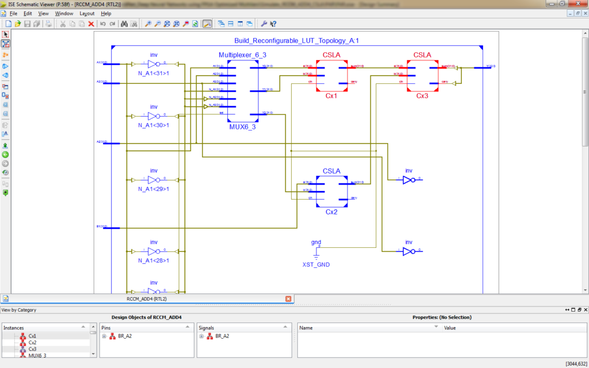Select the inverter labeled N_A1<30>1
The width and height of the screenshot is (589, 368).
tap(153, 116)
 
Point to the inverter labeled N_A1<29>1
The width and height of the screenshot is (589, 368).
tap(153, 179)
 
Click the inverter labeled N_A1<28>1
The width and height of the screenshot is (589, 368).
tap(153, 251)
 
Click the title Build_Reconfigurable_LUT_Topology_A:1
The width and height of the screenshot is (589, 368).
tap(296, 41)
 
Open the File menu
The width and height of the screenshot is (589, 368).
tap(13, 13)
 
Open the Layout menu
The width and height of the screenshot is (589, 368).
tap(87, 13)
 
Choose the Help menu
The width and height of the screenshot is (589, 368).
tap(106, 13)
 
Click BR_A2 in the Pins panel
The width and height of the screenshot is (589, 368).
tap(125, 336)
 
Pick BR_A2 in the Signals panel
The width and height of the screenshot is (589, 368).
tap(222, 336)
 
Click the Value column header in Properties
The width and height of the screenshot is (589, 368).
tap(449, 327)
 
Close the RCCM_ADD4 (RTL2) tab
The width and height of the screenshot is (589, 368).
tap(288, 299)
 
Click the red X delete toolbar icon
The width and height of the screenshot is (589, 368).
tap(91, 24)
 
